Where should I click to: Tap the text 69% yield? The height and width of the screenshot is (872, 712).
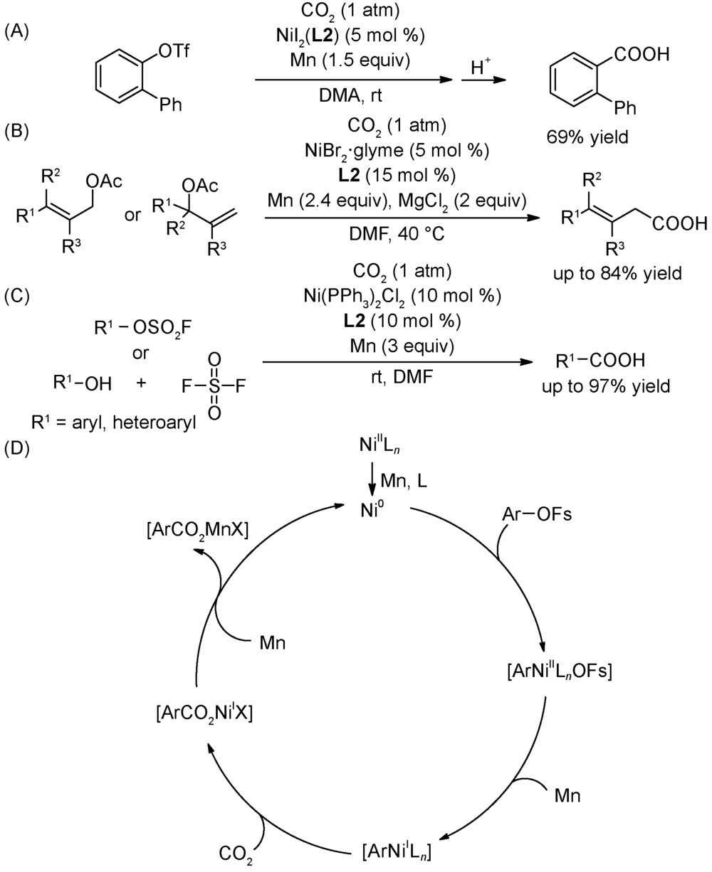tap(587, 137)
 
